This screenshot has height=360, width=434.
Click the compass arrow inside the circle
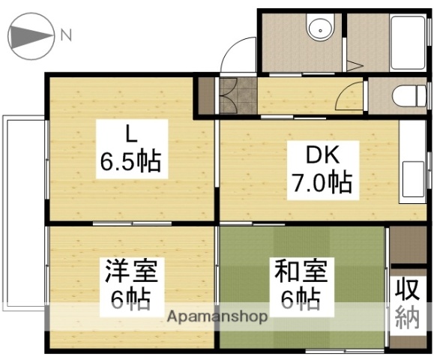click(28, 35)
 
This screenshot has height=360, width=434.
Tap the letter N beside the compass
click(66, 34)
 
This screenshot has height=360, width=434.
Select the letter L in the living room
click(130, 136)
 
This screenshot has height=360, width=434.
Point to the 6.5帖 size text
click(130, 160)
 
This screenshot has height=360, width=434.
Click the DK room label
click(323, 157)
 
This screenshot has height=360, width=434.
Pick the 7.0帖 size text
click(323, 181)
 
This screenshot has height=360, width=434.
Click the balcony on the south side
click(22, 214)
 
